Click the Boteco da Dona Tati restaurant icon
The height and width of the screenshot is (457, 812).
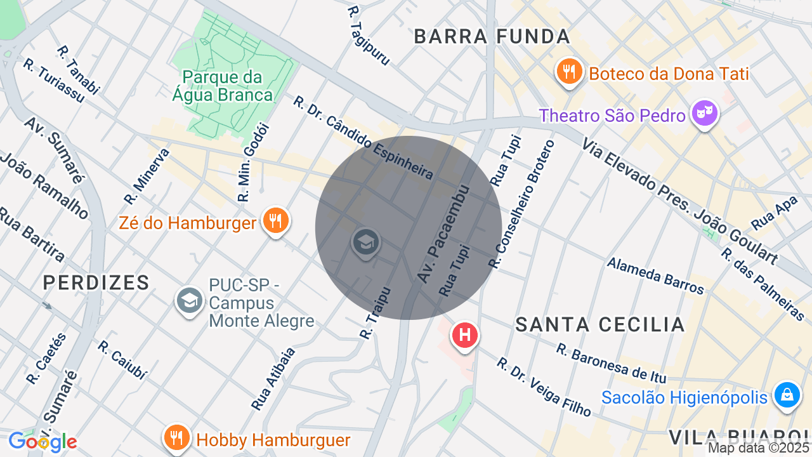click(570, 72)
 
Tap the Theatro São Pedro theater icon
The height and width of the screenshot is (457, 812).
click(705, 114)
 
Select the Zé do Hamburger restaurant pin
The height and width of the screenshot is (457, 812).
click(275, 221)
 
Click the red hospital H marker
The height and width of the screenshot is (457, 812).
click(464, 334)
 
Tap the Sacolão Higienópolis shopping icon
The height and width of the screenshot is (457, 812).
click(787, 395)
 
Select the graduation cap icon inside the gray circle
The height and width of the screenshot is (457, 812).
click(365, 242)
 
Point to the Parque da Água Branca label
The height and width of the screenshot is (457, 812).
click(223, 86)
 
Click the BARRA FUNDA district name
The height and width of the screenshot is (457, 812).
click(492, 37)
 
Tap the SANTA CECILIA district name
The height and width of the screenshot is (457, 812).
click(600, 324)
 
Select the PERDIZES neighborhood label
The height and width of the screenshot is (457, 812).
click(96, 282)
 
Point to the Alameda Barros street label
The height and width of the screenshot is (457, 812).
click(655, 275)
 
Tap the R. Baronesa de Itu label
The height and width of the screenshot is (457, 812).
click(611, 363)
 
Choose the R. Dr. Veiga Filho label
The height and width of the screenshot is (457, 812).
click(544, 387)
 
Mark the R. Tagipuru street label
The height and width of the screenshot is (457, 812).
click(369, 36)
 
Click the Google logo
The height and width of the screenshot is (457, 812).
click(43, 441)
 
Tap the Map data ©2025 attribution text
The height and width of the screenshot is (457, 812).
click(759, 448)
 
